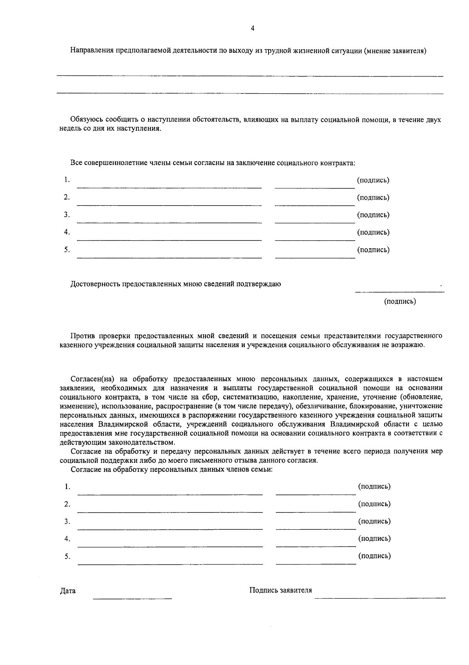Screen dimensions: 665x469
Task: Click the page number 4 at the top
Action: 252,28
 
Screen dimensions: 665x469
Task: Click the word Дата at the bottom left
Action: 68,591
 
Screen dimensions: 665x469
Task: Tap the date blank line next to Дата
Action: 132,598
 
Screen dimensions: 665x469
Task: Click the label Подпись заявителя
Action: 281,590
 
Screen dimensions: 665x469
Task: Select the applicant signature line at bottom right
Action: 380,597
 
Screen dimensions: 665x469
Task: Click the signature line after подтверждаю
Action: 399,291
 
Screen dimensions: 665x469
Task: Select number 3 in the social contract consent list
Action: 67,215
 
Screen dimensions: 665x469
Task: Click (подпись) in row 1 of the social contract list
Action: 373,180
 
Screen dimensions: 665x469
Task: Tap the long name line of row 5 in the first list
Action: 169,258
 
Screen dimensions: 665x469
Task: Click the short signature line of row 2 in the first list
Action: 315,205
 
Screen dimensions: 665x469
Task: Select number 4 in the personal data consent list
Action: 67,539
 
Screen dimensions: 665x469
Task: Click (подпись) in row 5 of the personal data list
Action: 374,556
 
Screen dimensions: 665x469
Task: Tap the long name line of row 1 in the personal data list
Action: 170,495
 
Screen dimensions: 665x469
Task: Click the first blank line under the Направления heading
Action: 250,76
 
